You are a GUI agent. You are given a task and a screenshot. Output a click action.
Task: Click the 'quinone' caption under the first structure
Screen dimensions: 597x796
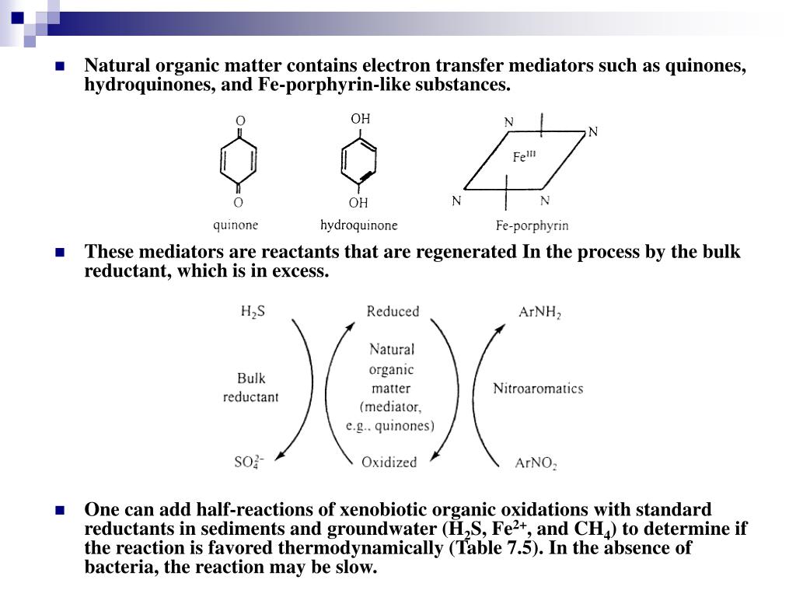coord(236,225)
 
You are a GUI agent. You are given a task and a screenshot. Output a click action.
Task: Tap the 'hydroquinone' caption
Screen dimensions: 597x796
coord(358,225)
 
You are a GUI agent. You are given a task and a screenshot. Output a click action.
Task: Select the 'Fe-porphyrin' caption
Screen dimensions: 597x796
coord(532,226)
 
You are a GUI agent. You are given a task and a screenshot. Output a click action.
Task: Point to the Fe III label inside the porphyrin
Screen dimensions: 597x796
coord(524,156)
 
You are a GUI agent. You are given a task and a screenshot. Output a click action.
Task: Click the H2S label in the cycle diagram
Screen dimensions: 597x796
coord(253,312)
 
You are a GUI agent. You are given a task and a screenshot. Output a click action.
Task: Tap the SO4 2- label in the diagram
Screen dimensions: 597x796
coord(250,462)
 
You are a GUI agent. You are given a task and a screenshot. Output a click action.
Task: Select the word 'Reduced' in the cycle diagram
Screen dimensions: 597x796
coord(393,312)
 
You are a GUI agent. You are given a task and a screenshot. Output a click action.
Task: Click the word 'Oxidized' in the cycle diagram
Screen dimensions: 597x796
coord(389,462)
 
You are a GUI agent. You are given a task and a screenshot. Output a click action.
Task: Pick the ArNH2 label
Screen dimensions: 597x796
coord(539,312)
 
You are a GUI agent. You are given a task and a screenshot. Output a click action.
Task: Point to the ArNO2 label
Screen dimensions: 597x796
coord(536,463)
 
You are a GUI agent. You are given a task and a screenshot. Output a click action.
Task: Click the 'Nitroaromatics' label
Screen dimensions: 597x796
coord(538,388)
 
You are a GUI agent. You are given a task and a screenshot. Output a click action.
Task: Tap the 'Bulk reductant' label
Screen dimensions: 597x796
coord(251,387)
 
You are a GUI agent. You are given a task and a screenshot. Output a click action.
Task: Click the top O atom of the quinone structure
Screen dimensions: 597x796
coord(240,121)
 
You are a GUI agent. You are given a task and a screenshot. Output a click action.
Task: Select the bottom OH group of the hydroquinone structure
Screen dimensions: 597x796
coord(358,203)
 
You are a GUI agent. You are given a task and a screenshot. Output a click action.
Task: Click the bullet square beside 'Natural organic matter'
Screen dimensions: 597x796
coord(59,66)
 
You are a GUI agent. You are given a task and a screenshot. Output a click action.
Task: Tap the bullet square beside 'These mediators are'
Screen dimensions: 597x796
coord(59,252)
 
